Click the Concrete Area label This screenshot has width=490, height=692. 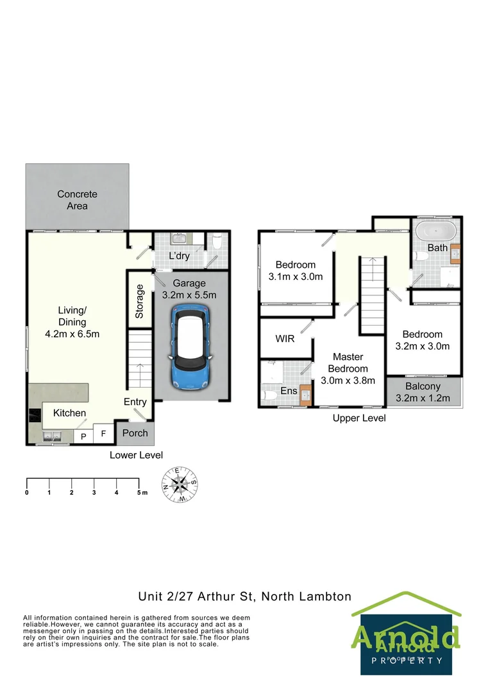click(77, 200)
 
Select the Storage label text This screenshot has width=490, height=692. click(140, 302)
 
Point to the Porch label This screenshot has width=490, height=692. click(135, 433)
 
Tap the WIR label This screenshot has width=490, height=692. click(285, 338)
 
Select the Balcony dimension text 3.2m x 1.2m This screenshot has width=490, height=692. click(423, 398)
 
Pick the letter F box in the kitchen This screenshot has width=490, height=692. click(103, 434)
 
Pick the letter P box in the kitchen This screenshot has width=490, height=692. click(83, 436)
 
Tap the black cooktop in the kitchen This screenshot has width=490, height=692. click(34, 416)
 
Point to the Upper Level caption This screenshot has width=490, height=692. click(359, 418)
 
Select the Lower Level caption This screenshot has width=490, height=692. click(136, 455)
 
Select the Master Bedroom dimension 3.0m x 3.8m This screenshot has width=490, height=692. click(348, 380)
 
